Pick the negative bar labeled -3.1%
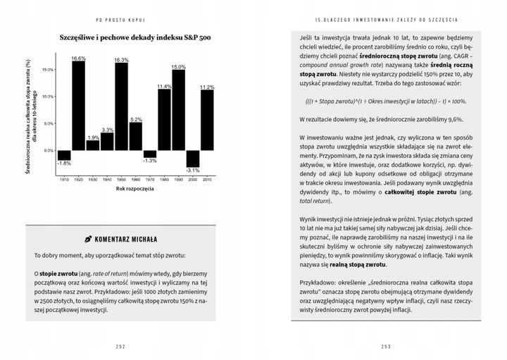[x=192, y=159]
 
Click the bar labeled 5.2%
[x=135, y=136]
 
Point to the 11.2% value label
[x=207, y=87]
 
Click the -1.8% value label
[x=64, y=163]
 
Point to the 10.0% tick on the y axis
[x=49, y=96]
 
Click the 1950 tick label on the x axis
[x=121, y=180]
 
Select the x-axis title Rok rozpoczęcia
[x=135, y=189]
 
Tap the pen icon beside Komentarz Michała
[x=88, y=240]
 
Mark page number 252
[x=120, y=346]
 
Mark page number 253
[x=385, y=346]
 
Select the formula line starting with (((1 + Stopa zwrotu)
[x=385, y=101]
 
